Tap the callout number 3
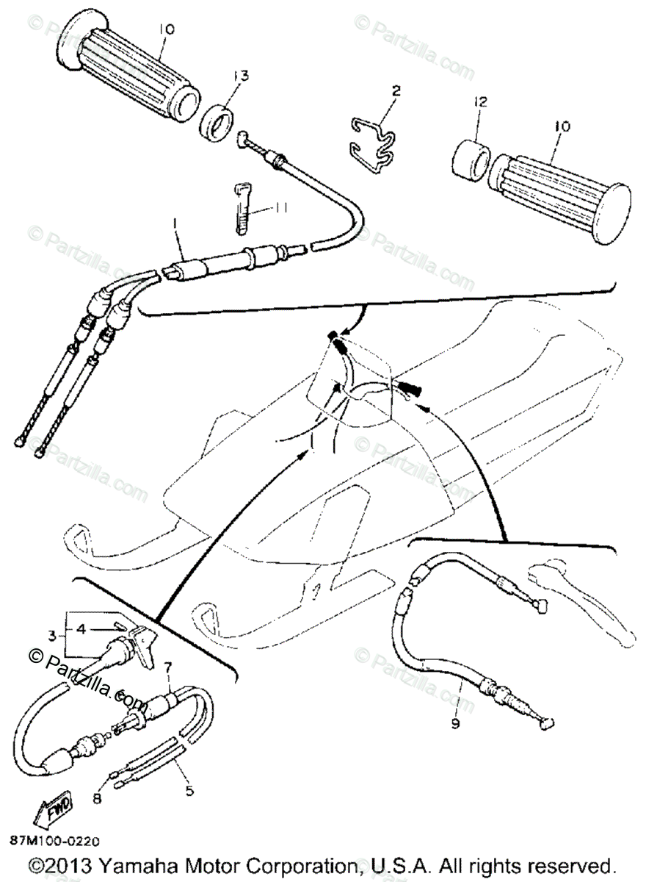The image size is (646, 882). tap(52, 636)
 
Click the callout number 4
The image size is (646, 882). tap(82, 628)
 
